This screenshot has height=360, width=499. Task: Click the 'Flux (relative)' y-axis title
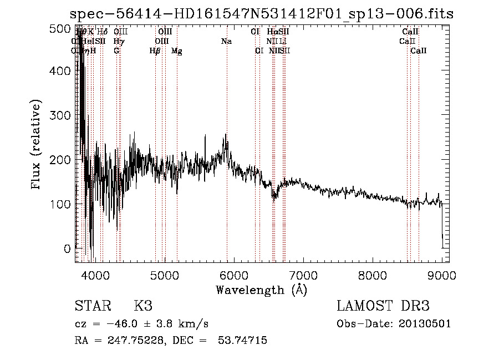(x=37, y=145)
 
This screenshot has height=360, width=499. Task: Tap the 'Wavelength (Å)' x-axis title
(x=261, y=290)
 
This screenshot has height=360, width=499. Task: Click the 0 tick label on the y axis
(x=68, y=249)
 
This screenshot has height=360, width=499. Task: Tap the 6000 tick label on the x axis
(x=234, y=275)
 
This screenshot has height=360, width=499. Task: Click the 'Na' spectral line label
(x=226, y=42)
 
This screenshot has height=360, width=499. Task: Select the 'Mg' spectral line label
(x=177, y=51)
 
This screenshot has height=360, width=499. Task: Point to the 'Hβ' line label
(x=155, y=51)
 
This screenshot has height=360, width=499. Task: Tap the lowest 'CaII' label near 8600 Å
(x=419, y=51)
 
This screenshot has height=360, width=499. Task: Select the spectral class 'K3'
(x=143, y=307)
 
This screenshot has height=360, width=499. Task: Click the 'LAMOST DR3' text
(x=383, y=307)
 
